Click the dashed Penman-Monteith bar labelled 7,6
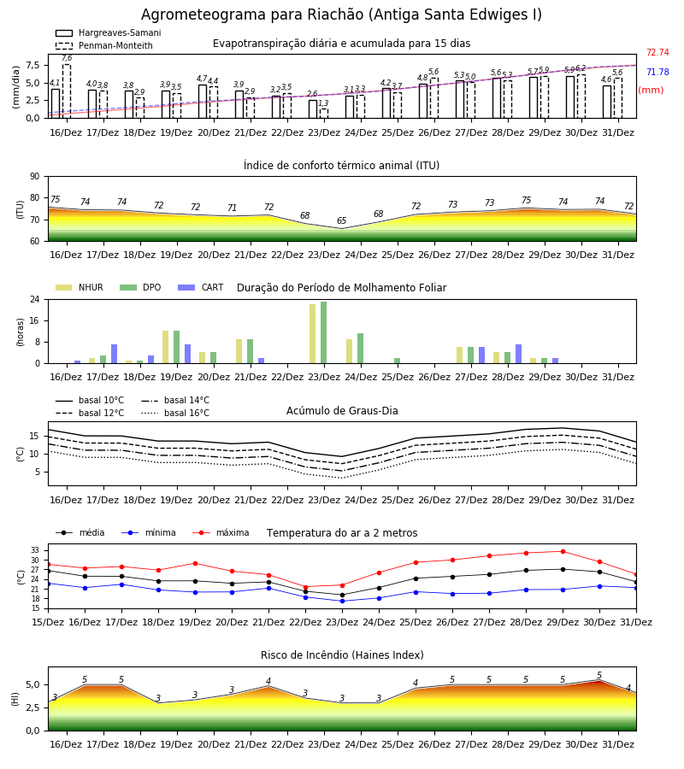tap(67, 91)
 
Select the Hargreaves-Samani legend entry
tap(109, 32)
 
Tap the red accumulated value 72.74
tap(657, 52)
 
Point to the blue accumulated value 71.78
tap(657, 72)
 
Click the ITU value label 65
tap(341, 220)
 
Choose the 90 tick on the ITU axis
tap(35, 177)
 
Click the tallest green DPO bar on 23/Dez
tap(324, 332)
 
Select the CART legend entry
tap(201, 287)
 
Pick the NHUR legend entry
tap(80, 287)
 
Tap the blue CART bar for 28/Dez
tap(519, 354)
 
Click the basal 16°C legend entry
tap(175, 413)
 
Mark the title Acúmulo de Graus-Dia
tap(342, 410)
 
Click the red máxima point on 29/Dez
tap(563, 552)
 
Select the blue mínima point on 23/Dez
tap(343, 602)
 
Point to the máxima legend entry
tap(221, 532)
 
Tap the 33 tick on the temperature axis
tap(35, 550)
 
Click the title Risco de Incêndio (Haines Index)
tap(342, 655)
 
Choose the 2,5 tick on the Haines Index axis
tap(32, 707)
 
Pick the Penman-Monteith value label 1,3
tap(323, 103)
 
